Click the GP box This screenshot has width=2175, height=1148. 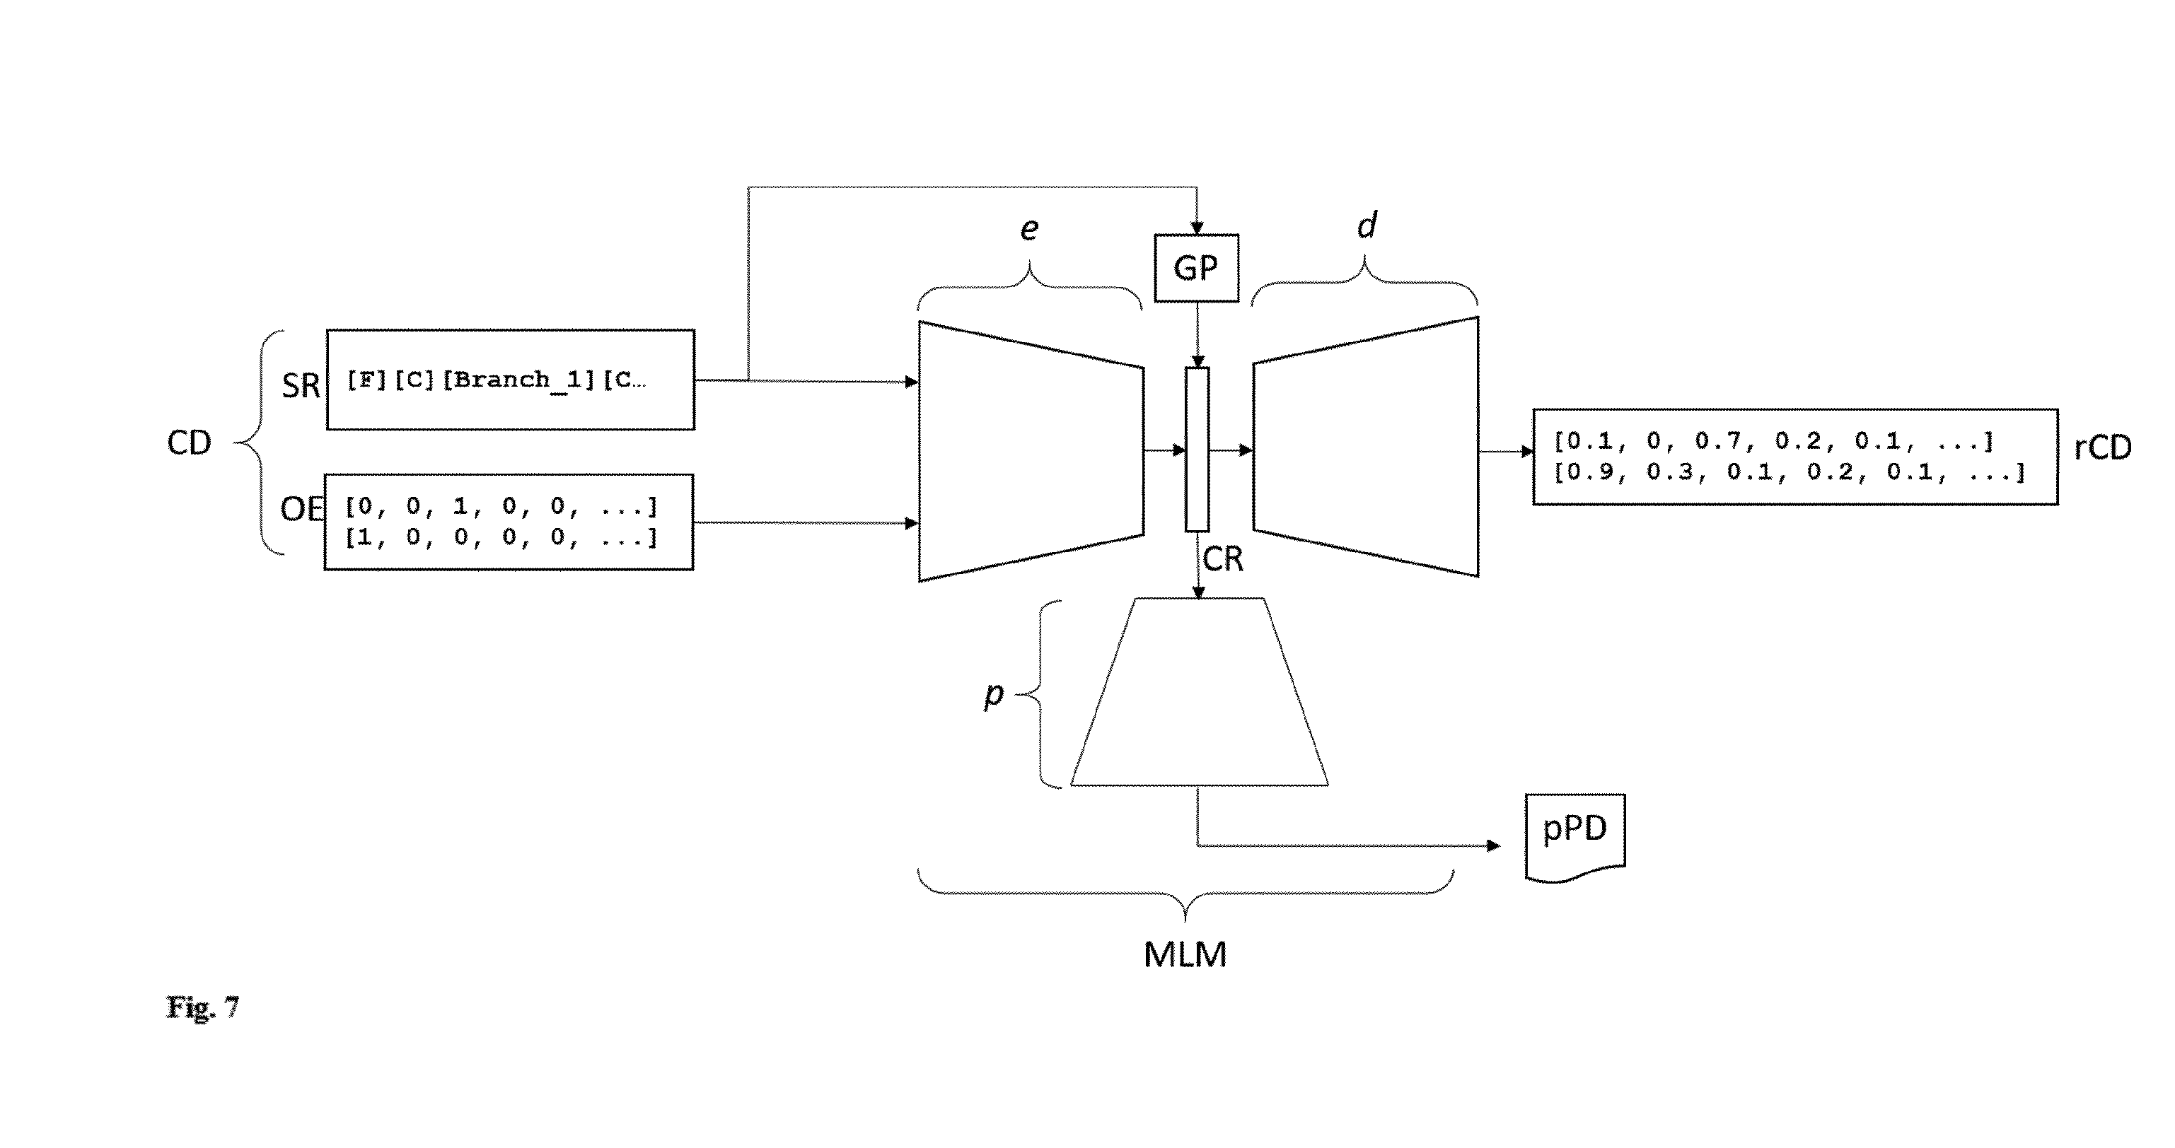pos(1196,269)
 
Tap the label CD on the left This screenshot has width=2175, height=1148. pos(189,443)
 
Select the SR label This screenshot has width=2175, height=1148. pos(301,386)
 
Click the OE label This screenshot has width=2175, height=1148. pos(302,509)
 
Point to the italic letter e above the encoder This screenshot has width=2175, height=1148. pos(1029,230)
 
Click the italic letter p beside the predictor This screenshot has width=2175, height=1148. pos(994,696)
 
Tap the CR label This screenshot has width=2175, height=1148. pos(1222,559)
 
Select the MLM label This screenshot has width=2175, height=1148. pos(1185,955)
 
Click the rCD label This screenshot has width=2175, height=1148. pos(2102,447)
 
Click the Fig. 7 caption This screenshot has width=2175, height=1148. pos(202,1007)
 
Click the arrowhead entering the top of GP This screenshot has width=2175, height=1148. pos(1196,228)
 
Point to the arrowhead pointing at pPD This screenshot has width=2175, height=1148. pos(1494,845)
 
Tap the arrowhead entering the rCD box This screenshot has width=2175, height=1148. pos(1526,452)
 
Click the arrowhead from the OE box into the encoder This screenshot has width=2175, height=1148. pos(912,523)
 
